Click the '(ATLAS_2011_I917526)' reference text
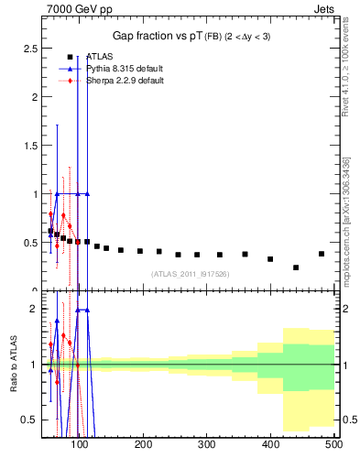190,273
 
